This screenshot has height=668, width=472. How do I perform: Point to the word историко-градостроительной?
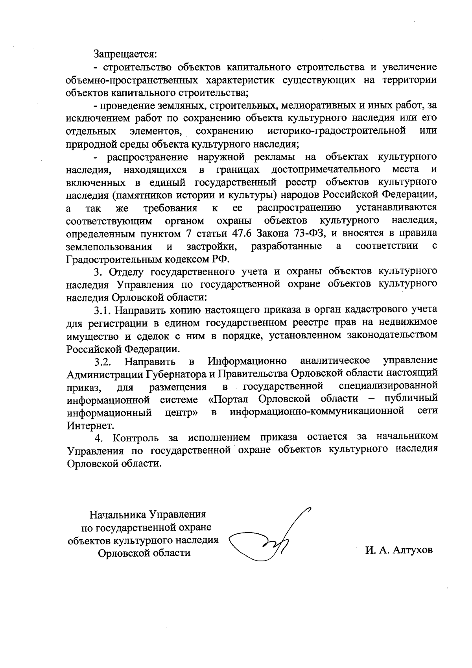click(x=336, y=131)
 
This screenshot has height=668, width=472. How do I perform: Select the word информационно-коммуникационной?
click(x=317, y=412)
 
